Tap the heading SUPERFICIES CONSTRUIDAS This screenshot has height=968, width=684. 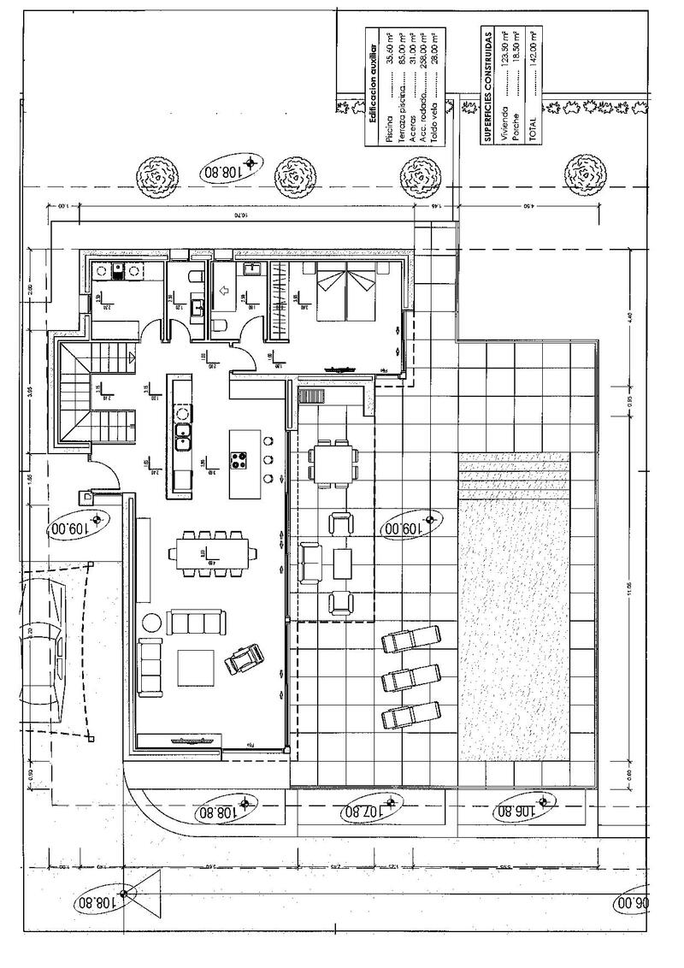[486, 86]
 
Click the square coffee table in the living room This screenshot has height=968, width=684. [196, 668]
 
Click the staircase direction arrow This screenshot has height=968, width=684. [130, 357]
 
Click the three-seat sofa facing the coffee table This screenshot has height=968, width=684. [196, 622]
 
